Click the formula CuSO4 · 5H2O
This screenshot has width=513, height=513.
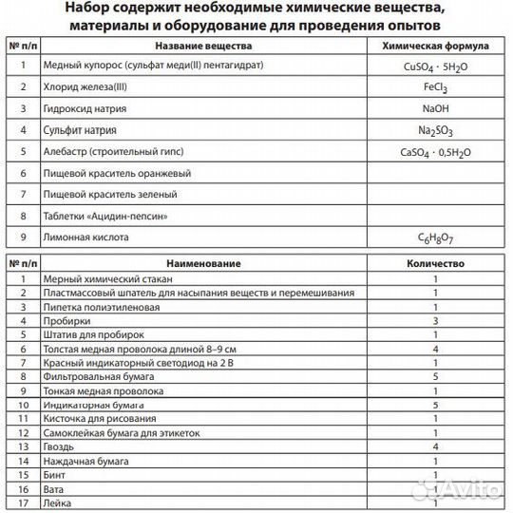434,69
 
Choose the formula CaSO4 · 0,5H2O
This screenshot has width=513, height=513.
434,153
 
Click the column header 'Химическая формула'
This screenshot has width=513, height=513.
434,46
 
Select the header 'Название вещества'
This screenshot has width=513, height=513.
203,46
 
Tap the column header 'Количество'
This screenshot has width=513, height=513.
434,262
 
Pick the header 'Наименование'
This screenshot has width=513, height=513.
203,262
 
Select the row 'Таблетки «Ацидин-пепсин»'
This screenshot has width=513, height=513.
106,216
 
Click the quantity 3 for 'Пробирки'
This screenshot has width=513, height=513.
434,321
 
